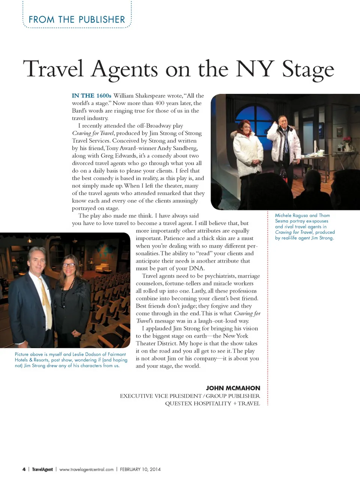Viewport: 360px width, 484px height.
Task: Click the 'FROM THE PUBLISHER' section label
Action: click(x=77, y=20)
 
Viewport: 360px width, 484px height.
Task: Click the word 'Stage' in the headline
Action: click(x=307, y=69)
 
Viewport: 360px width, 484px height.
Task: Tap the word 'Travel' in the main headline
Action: click(x=53, y=69)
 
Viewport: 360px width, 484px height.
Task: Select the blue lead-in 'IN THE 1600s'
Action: click(x=91, y=96)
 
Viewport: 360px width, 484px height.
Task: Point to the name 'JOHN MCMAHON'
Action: click(x=233, y=388)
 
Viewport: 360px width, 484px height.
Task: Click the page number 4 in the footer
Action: click(x=24, y=469)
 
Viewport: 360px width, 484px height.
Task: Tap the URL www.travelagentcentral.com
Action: click(x=86, y=469)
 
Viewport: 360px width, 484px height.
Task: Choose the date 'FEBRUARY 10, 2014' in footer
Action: click(x=140, y=469)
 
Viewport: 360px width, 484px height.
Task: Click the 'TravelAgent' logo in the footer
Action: click(x=42, y=469)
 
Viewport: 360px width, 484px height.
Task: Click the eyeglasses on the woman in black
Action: click(x=69, y=265)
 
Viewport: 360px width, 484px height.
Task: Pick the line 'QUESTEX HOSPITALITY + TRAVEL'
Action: click(x=212, y=403)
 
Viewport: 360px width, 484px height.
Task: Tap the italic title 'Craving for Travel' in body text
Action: click(x=93, y=133)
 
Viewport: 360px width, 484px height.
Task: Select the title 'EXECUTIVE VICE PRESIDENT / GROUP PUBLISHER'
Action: click(x=190, y=396)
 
